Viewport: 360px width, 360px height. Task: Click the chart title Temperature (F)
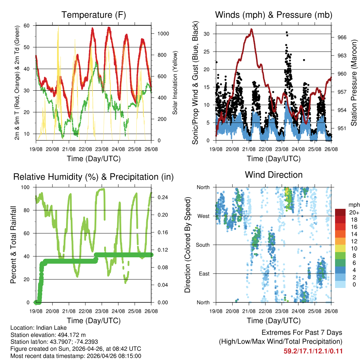pos(94,15)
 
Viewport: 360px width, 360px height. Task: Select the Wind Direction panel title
pos(274,175)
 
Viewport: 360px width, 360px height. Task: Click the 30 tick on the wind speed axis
pos(210,34)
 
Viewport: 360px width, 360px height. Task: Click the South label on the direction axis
pos(203,245)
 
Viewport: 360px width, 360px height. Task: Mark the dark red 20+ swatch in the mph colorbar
pos(340,212)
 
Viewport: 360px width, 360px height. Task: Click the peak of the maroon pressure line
pos(251,29)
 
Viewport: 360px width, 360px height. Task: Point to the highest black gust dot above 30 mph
pos(287,32)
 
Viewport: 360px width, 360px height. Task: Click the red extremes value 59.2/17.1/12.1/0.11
pos(313,351)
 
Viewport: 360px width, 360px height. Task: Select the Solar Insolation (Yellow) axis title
pos(175,83)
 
